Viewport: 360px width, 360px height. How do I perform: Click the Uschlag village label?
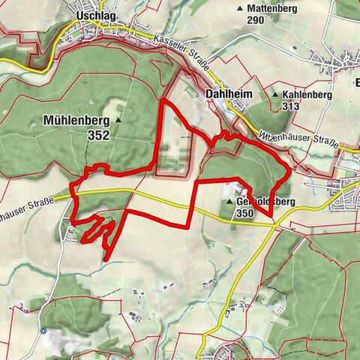(93, 14)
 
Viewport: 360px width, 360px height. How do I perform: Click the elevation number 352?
(97, 136)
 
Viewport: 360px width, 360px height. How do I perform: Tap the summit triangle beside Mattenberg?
(240, 8)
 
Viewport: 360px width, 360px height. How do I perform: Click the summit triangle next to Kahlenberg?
(275, 95)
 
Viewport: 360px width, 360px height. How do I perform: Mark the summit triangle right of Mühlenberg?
(118, 119)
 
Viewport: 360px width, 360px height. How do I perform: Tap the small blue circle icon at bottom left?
(44, 330)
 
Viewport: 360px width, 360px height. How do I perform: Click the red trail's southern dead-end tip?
(105, 259)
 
